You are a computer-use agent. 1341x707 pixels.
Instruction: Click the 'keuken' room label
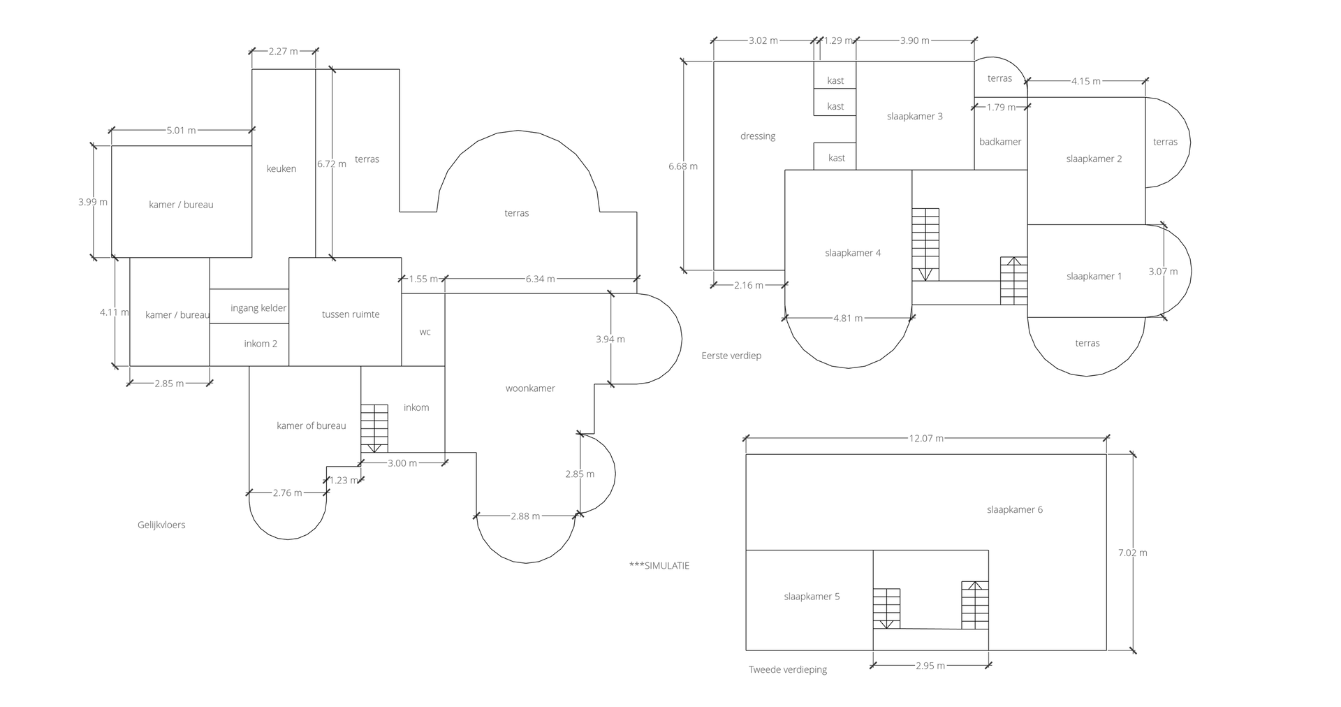(x=281, y=168)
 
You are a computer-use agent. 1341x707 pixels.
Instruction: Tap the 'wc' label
(x=425, y=332)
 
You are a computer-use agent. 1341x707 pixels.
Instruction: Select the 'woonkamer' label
(x=530, y=388)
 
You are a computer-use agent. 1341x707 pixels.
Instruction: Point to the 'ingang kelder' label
(x=258, y=308)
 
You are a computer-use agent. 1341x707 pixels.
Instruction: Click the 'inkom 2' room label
(x=261, y=344)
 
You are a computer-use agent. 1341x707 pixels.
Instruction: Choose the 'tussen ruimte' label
(x=351, y=314)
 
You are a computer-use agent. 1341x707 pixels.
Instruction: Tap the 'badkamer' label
(x=1000, y=142)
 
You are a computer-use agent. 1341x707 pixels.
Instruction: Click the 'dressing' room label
(x=758, y=136)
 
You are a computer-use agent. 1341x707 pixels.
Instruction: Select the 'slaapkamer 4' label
(x=853, y=253)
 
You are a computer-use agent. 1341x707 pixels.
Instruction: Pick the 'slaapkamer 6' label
(x=1015, y=510)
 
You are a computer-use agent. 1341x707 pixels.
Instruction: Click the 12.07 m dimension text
(x=926, y=439)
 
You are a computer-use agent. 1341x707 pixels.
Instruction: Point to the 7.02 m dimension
(x=1132, y=553)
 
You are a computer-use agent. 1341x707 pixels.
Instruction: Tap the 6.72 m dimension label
(x=332, y=164)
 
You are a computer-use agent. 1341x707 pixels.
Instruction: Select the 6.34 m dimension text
(x=541, y=279)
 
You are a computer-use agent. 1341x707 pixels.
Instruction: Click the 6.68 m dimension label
(x=683, y=166)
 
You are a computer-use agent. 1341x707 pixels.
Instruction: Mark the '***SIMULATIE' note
(x=659, y=566)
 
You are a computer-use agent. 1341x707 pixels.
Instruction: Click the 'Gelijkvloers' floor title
(x=161, y=525)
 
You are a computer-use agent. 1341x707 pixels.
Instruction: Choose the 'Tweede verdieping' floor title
(x=788, y=669)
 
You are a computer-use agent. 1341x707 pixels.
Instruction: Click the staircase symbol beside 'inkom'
(x=374, y=428)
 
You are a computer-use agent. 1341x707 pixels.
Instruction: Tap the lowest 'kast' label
(x=837, y=158)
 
